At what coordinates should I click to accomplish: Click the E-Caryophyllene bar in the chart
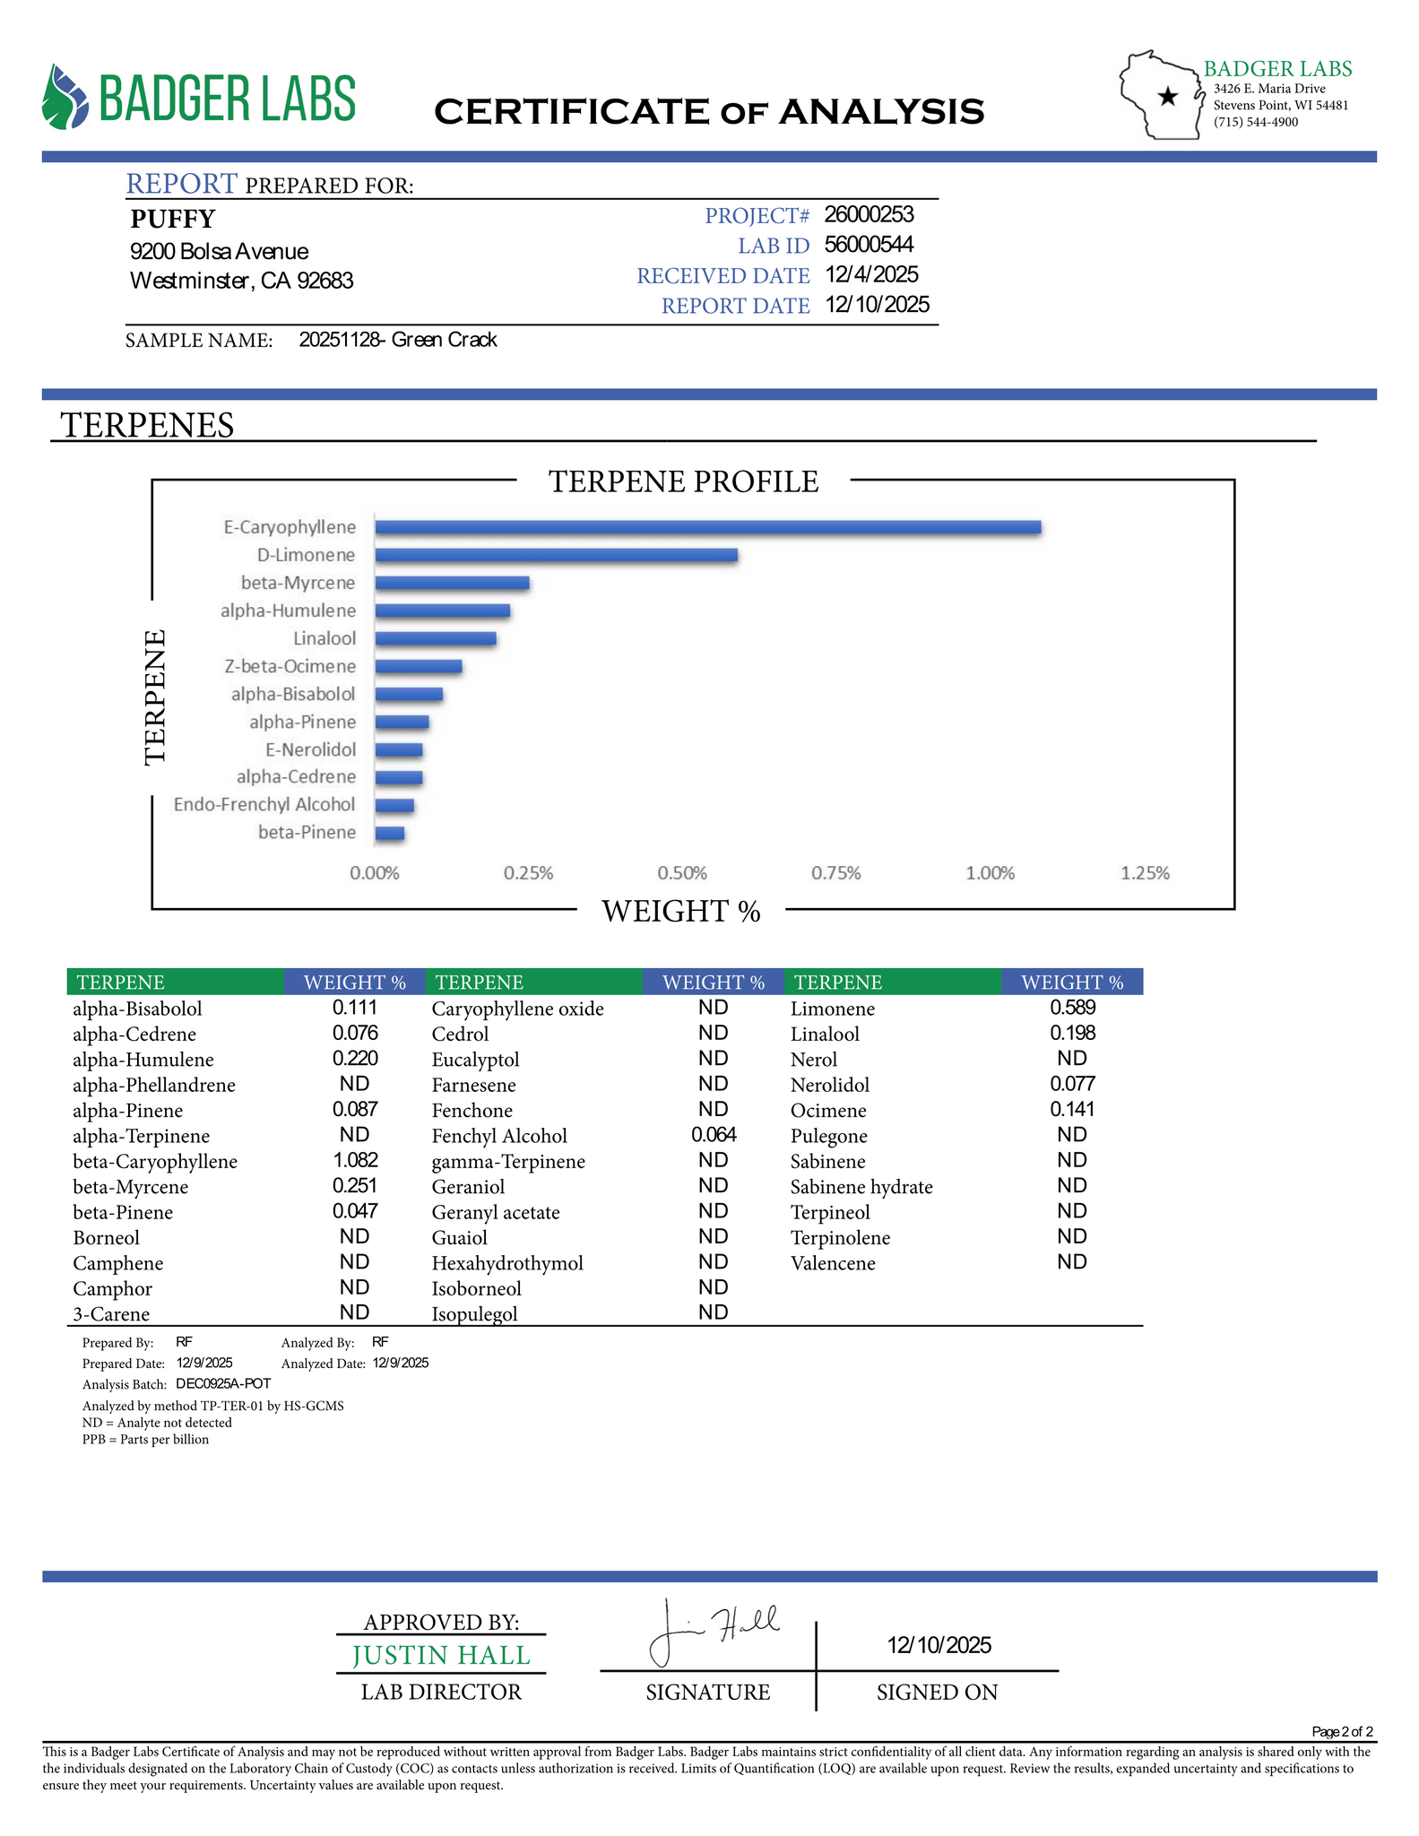tap(707, 527)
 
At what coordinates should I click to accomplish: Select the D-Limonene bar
tap(556, 555)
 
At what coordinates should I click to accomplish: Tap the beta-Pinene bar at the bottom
tap(390, 834)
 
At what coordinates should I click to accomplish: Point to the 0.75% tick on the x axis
tap(835, 873)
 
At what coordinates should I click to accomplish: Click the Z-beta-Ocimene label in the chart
tap(290, 666)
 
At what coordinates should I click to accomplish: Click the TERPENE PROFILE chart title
tap(683, 481)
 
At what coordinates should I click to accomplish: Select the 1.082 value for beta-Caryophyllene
tap(355, 1160)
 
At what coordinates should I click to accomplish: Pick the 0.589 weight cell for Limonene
tap(1072, 1008)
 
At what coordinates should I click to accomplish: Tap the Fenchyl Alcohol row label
tap(499, 1136)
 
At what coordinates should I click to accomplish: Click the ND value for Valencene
tap(1071, 1262)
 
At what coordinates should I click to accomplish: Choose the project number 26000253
tap(869, 214)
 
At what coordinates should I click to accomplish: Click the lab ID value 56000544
tap(869, 245)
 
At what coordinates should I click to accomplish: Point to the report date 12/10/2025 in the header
tap(877, 305)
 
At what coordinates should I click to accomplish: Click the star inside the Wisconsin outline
tap(1167, 97)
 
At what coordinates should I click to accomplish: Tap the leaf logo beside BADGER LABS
tap(65, 97)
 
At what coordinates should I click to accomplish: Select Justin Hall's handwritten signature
tap(713, 1631)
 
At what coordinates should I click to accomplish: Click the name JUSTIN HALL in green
tap(441, 1655)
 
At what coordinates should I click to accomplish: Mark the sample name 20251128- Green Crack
tap(398, 340)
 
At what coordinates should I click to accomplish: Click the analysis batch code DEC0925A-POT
tap(223, 1383)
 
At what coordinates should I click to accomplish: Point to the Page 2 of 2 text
tap(1341, 1731)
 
